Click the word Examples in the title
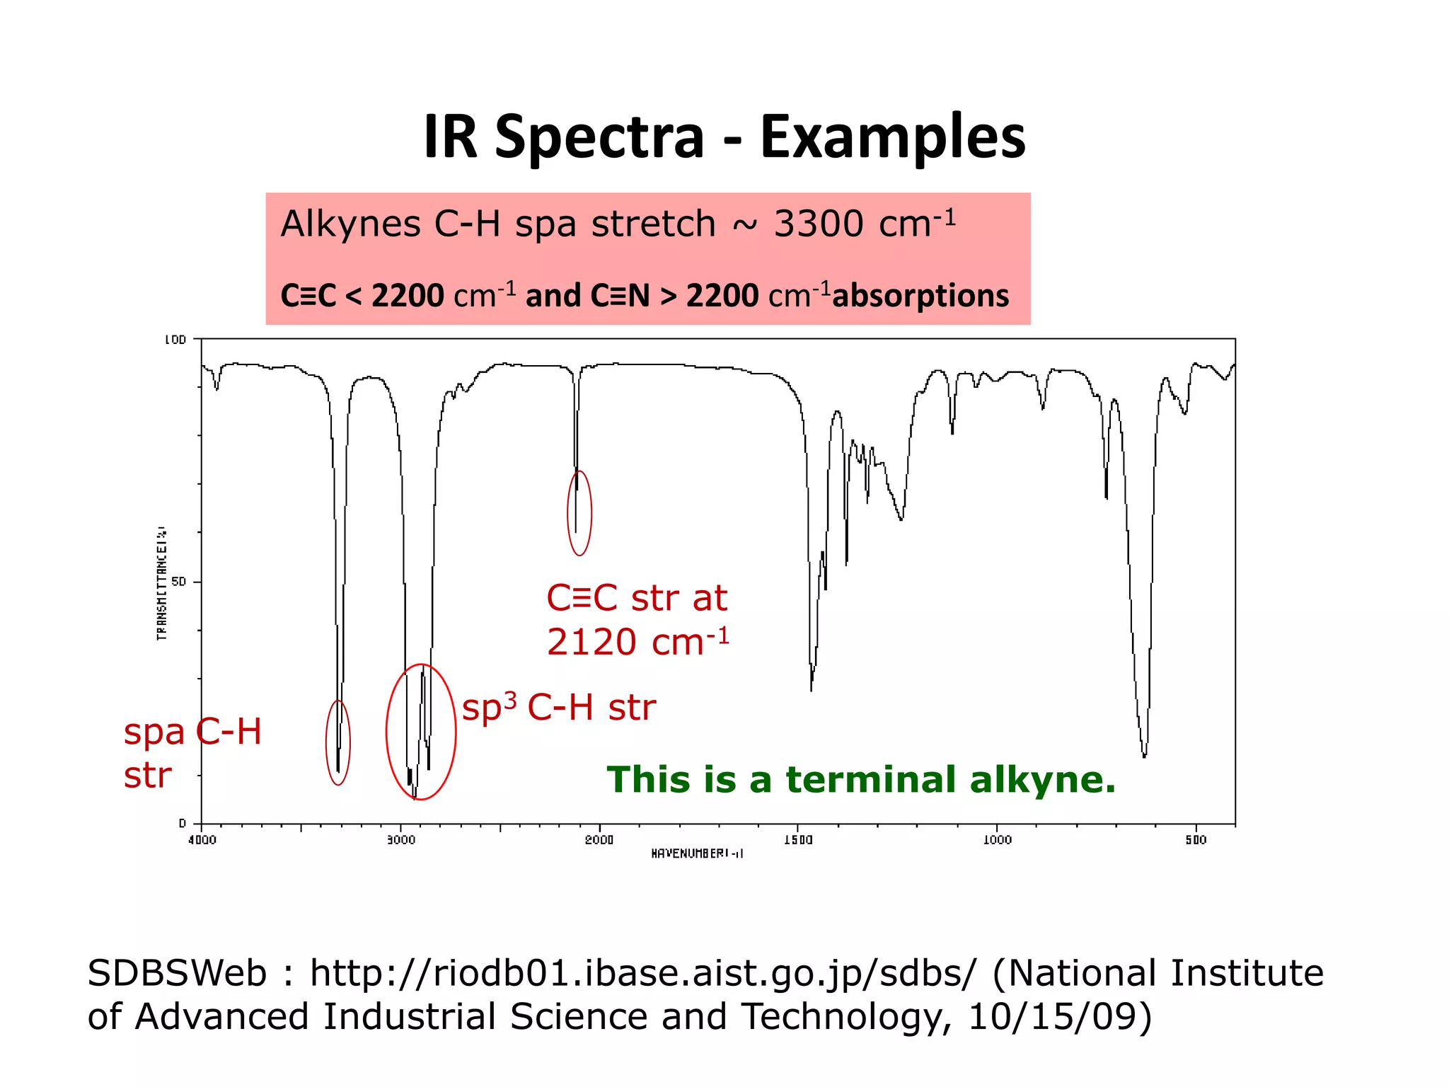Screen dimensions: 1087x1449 coord(892,137)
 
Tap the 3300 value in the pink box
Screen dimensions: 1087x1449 coord(819,224)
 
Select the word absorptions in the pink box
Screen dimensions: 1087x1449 coord(920,296)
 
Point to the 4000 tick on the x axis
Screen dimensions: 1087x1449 coord(202,840)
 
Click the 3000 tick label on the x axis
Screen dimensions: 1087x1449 coord(401,840)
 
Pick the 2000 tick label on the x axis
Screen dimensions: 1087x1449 coord(599,840)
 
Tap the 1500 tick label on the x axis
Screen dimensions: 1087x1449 coord(798,840)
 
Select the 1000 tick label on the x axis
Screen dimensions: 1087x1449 coord(998,840)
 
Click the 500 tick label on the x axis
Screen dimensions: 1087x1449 coord(1196,840)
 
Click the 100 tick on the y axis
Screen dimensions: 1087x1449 coord(175,340)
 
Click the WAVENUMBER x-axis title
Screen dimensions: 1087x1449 coord(697,853)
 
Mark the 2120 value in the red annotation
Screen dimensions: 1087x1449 coord(591,643)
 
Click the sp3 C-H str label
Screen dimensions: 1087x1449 coord(558,707)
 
